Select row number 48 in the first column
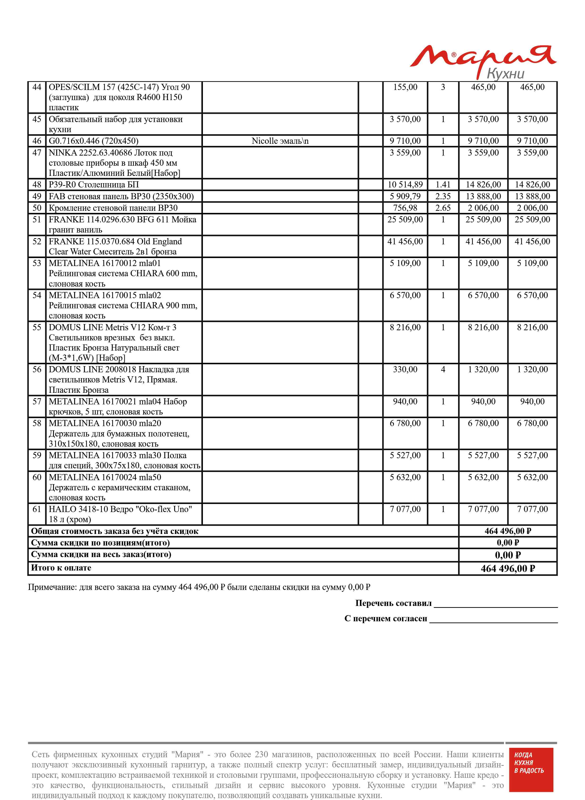[x=37, y=185]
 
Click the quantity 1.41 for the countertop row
[x=443, y=185]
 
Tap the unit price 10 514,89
[x=405, y=185]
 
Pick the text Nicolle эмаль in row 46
[x=280, y=141]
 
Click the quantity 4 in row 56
[x=443, y=369]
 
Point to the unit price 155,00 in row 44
[x=405, y=87]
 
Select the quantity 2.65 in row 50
[x=443, y=208]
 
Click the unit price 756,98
[x=405, y=208]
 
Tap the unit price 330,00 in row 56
[x=405, y=369]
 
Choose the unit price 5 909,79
[x=405, y=196]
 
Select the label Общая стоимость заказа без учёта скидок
[x=115, y=531]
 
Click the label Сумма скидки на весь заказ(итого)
[x=101, y=554]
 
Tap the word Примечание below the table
[x=52, y=587]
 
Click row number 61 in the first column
[x=37, y=509]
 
